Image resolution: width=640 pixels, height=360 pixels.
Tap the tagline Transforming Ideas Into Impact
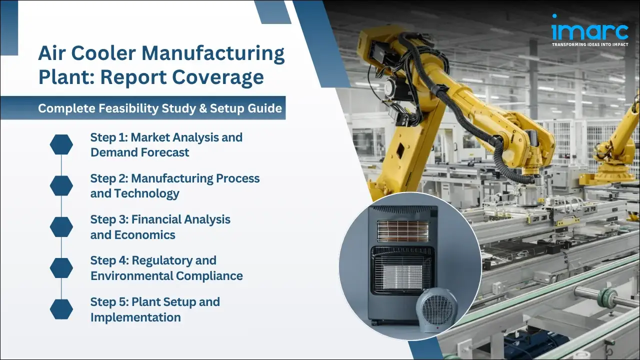coord(589,44)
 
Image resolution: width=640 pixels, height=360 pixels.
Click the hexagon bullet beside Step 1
coord(61,144)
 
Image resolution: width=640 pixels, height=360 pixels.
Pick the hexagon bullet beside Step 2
coord(61,185)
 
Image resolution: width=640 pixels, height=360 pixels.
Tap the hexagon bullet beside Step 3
coord(61,226)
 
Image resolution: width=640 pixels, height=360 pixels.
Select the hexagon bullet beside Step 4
coord(61,268)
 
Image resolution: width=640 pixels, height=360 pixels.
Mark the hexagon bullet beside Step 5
coord(61,309)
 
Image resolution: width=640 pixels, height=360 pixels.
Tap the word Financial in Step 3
coord(156,219)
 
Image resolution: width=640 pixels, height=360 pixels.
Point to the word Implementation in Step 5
coord(135,317)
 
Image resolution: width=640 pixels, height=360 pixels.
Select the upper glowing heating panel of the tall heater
coord(402,231)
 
